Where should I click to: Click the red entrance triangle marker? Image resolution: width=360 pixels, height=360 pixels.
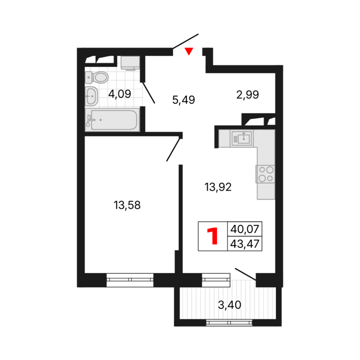pos(189,51)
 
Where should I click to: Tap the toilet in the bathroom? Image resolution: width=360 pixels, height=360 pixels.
pos(97,77)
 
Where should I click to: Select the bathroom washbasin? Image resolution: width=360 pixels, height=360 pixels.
pos(91,96)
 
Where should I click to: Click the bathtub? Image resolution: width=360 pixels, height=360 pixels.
pos(112,120)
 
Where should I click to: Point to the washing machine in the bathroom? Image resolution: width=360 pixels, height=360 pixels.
pos(130,63)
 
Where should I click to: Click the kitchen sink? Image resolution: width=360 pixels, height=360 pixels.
pos(242,138)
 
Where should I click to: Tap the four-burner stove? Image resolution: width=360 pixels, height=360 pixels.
pos(265,174)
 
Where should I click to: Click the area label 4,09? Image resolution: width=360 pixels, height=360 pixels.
pos(120,94)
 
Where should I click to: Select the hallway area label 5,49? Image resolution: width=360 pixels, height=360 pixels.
pos(184,100)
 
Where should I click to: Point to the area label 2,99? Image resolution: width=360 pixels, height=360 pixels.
pos(247,95)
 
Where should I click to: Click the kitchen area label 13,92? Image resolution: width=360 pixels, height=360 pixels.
pos(218,187)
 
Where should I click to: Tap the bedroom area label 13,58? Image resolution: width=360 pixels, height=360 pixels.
pos(127,205)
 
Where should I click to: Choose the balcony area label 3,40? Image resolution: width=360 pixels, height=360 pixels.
pos(229,305)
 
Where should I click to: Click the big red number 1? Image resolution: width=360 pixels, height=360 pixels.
pos(213,236)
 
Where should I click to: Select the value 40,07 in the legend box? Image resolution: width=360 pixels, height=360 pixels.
pos(245,229)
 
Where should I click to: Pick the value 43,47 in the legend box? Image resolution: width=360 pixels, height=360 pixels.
pos(245,244)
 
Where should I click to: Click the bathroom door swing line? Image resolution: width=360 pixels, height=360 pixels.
pos(149,92)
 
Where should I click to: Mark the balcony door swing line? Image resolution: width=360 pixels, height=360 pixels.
pos(246,274)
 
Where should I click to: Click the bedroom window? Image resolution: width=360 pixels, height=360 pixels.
pos(130,280)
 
